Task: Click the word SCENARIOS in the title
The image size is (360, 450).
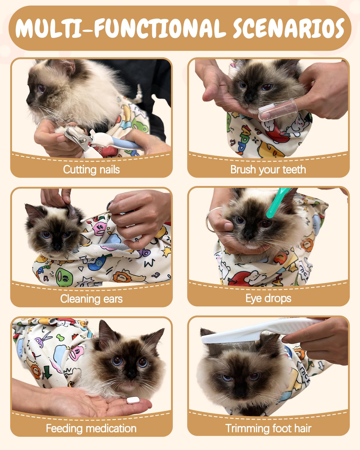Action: [x=289, y=28]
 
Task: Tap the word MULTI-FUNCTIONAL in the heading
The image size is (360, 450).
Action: [x=121, y=28]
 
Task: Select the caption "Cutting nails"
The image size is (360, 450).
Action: [x=91, y=169]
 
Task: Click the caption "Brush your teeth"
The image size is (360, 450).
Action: [x=268, y=169]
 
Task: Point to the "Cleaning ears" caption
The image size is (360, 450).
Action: [x=91, y=298]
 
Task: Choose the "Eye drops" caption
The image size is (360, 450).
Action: [x=268, y=298]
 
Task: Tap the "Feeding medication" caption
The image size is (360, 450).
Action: [x=91, y=428]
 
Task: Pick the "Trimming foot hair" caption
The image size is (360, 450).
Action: [x=268, y=428]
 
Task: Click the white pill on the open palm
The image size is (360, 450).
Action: [x=133, y=400]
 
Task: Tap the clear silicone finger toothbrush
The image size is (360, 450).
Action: [x=277, y=110]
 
